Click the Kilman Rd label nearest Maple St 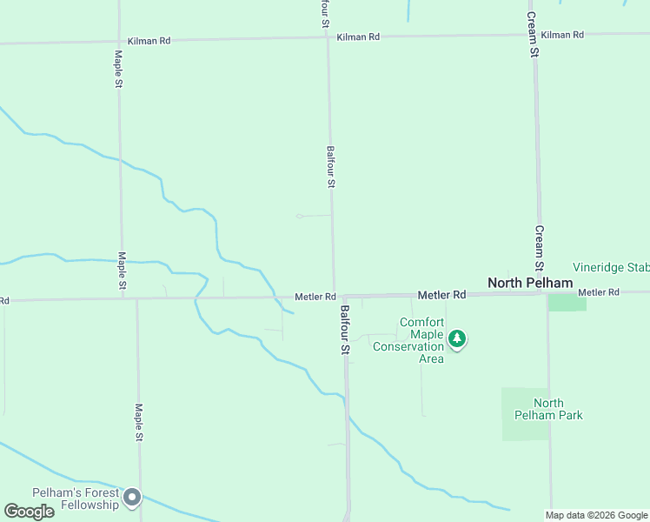coord(149,40)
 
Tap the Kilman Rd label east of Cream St coord(562,35)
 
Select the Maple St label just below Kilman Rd coord(118,68)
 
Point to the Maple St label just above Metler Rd coord(123,271)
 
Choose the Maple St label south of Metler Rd coord(138,422)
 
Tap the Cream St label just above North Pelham coord(539,248)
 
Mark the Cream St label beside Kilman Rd coord(534,34)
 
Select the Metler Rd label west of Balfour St coord(315,297)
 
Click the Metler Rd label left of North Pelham coord(442,295)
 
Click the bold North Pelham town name coord(530,283)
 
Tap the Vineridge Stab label coord(611,267)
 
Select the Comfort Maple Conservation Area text coord(408,340)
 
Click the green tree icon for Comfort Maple coord(457,338)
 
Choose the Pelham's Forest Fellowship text coord(75,499)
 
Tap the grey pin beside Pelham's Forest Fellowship coord(132,497)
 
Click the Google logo coord(30,512)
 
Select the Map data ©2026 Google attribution coord(597,515)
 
